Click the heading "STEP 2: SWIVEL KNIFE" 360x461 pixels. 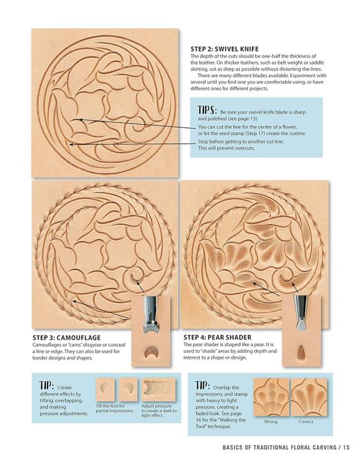[x=225, y=49]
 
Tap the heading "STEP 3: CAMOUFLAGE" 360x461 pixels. [x=67, y=338]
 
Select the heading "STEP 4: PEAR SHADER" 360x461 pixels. [x=218, y=337]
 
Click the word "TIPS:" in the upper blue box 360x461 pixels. [x=207, y=110]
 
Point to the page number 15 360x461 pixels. [x=346, y=447]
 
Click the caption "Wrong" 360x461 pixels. [x=270, y=421]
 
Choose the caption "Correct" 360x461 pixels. [x=306, y=421]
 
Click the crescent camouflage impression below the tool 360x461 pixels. [x=152, y=352]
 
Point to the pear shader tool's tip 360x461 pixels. [x=301, y=325]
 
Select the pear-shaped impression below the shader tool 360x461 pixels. [x=301, y=352]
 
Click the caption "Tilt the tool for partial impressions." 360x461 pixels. [x=115, y=408]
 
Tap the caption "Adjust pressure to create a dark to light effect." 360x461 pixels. [x=159, y=410]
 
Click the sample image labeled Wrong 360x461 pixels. [x=271, y=397]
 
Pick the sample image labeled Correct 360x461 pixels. [x=309, y=397]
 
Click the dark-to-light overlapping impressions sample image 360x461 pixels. [x=159, y=390]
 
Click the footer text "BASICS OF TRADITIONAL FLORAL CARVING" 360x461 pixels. [x=280, y=447]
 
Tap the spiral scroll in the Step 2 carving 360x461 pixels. [x=135, y=125]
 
